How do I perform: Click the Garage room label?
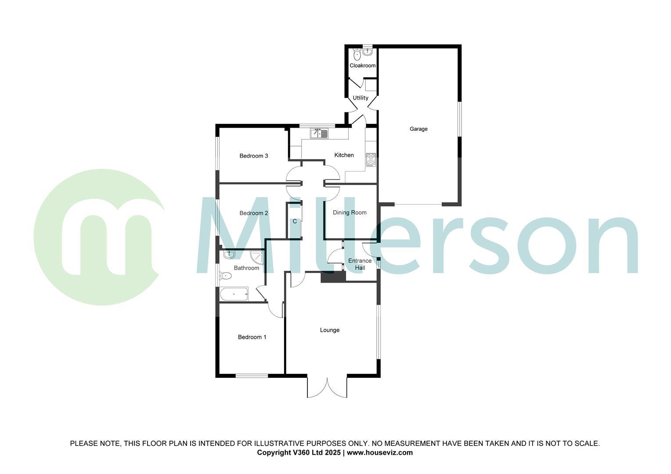pos(418,129)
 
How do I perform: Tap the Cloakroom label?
pos(362,66)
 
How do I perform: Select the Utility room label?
pos(361,98)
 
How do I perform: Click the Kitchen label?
pos(344,155)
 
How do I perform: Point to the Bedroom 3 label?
pos(253,156)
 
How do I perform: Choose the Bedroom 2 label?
pos(253,213)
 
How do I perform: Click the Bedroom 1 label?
pos(252,337)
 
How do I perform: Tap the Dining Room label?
pos(350,212)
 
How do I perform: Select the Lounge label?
pos(329,330)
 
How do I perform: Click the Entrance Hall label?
pos(360,264)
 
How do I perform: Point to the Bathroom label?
pos(246,268)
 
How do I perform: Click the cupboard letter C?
pos(295,222)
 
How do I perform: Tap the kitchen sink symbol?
pos(319,133)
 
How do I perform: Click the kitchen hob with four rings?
pos(371,159)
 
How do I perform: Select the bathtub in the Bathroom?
pos(234,294)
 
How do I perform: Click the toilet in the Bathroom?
pos(226,276)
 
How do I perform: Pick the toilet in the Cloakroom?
pos(357,55)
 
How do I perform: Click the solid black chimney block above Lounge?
pos(333,277)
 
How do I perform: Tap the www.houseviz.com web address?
pos(380,452)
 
